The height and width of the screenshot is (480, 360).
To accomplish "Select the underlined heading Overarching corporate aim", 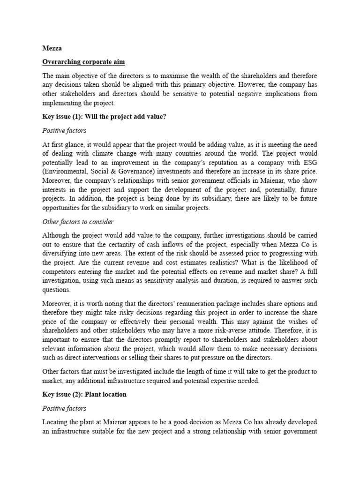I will (x=84, y=61).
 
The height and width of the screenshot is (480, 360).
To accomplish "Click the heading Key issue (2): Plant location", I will (x=84, y=394).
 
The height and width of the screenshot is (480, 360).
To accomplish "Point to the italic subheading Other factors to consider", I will (x=78, y=222).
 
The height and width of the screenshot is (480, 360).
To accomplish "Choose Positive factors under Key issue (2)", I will (x=64, y=408).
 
